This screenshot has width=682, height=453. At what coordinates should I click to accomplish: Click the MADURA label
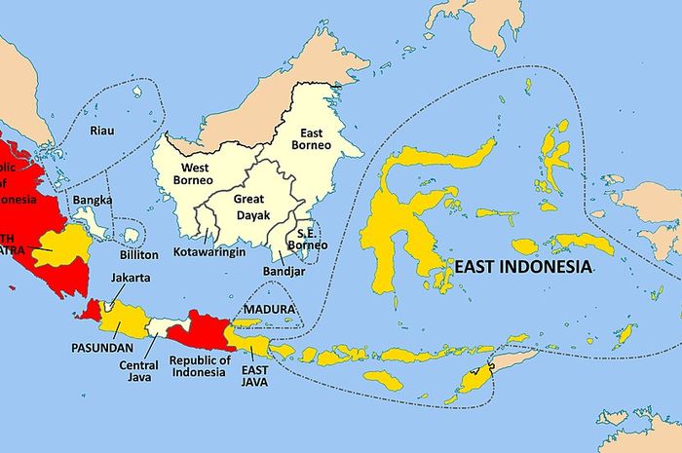(x=270, y=310)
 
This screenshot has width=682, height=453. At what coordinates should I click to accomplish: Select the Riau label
(x=101, y=131)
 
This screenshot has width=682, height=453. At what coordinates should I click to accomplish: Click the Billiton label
(x=137, y=254)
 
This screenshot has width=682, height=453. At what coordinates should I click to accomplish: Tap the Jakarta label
(x=130, y=278)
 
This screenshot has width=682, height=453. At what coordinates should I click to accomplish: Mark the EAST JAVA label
(x=256, y=373)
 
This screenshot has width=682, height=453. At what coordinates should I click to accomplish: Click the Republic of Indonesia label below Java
(x=199, y=366)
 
